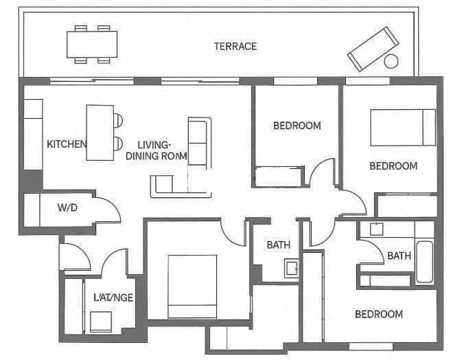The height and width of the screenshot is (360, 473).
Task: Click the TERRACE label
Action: pos(235,46)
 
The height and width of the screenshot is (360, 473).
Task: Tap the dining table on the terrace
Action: pos(91,44)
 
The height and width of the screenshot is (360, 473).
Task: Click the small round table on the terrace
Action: pos(391,61)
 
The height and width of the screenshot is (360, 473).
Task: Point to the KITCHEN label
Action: pos(67,144)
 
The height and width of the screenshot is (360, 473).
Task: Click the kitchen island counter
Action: pos(100,133)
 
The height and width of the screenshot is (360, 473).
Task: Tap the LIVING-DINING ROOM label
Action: pos(157,150)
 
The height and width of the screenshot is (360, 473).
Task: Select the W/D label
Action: pos(67,207)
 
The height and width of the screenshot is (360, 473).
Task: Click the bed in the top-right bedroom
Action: pos(403,127)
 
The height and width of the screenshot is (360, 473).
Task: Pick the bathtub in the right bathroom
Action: pos(424,261)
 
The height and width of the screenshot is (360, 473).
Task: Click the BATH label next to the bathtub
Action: pos(399,256)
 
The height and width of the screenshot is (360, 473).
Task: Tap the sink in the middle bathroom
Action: pos(292,269)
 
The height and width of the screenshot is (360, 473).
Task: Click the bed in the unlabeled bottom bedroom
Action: pos(192,286)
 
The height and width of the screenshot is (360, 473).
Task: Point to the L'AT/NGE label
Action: pos(113,297)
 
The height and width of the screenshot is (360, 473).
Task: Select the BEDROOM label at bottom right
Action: pos(378,314)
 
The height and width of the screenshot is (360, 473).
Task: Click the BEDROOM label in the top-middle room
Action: pos(297,126)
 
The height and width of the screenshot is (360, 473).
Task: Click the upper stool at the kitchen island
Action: pos(118,120)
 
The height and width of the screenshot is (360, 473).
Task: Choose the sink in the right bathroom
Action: pos(376,229)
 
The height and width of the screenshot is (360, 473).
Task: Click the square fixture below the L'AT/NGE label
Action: pos(101,322)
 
